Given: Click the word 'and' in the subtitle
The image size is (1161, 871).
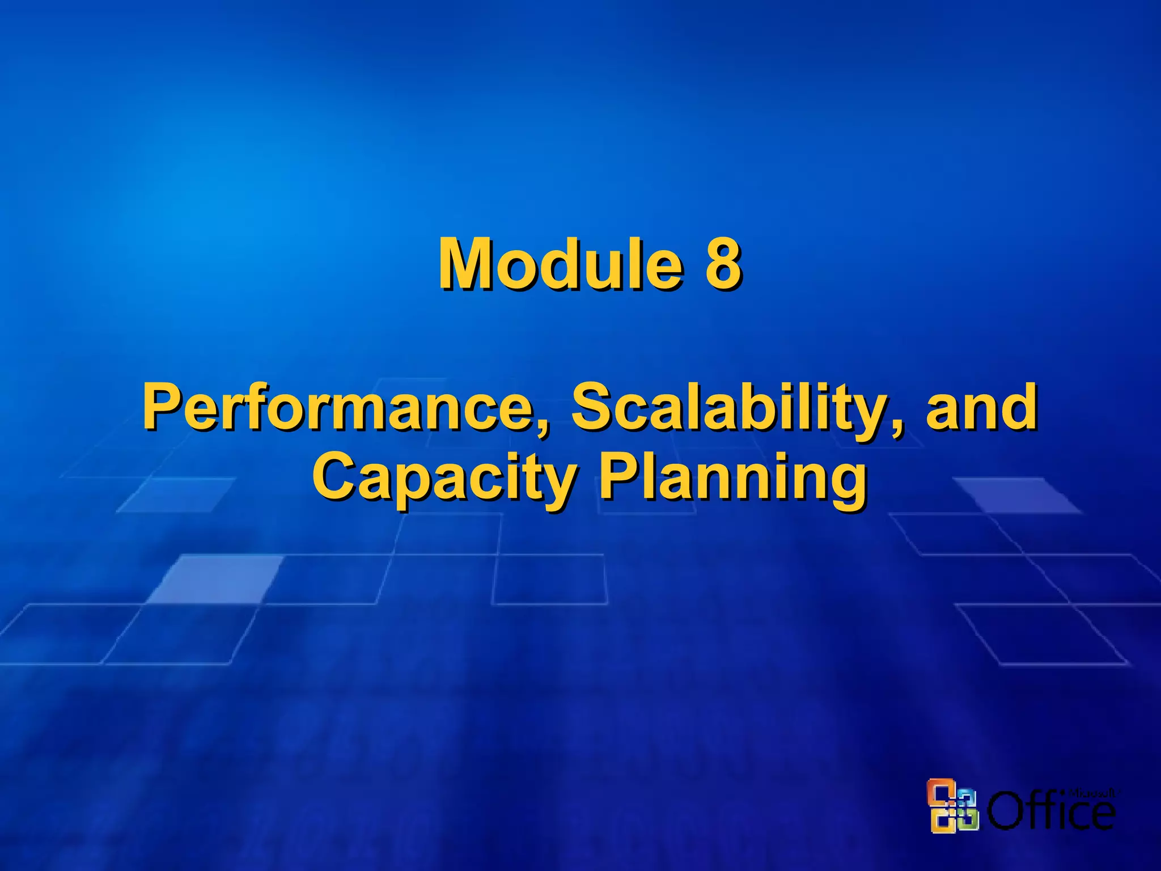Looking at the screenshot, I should [981, 407].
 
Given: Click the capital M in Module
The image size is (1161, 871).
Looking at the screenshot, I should [467, 264].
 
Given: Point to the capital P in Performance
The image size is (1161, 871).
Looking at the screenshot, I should [161, 407].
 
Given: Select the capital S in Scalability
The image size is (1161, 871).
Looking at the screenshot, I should [593, 407].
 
